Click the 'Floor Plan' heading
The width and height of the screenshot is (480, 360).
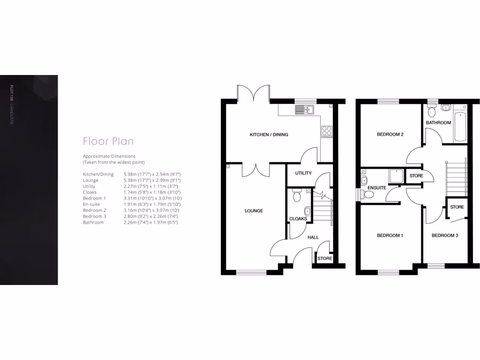click(108, 141)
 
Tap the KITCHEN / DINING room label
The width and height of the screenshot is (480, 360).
click(269, 135)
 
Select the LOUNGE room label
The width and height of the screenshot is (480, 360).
click(254, 211)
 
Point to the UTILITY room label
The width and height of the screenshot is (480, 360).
click(303, 173)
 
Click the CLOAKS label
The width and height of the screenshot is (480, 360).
click(298, 218)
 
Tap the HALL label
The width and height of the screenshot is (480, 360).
click(313, 237)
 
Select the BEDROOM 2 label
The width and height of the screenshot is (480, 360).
click(390, 135)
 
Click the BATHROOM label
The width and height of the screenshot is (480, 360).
click(438, 123)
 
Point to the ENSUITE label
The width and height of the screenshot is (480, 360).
click(377, 187)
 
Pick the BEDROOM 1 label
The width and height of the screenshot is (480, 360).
click(390, 235)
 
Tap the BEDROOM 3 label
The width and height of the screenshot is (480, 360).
click(445, 235)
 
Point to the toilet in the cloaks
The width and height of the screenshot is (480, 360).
click(296, 196)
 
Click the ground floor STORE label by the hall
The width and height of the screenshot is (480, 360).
click(324, 258)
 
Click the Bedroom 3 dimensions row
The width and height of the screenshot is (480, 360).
click(130, 217)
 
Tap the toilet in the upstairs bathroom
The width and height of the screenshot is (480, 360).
click(432, 111)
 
